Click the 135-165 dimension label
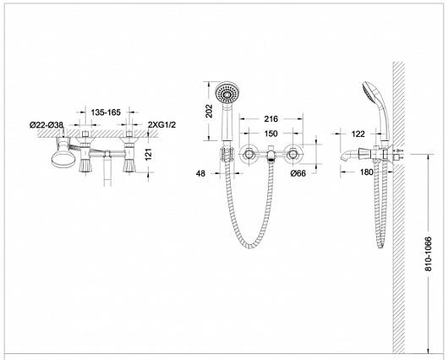pyautogui.click(x=106, y=112)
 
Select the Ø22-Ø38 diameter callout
pyautogui.click(x=46, y=125)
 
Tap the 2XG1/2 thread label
pyautogui.click(x=162, y=124)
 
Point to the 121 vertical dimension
pyautogui.click(x=149, y=155)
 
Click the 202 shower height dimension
pyautogui.click(x=210, y=111)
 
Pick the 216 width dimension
pyautogui.click(x=270, y=119)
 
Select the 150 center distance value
pyautogui.click(x=270, y=134)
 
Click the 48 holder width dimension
pyautogui.click(x=200, y=173)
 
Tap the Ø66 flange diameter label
pyautogui.click(x=298, y=173)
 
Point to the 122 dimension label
pyautogui.click(x=358, y=134)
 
